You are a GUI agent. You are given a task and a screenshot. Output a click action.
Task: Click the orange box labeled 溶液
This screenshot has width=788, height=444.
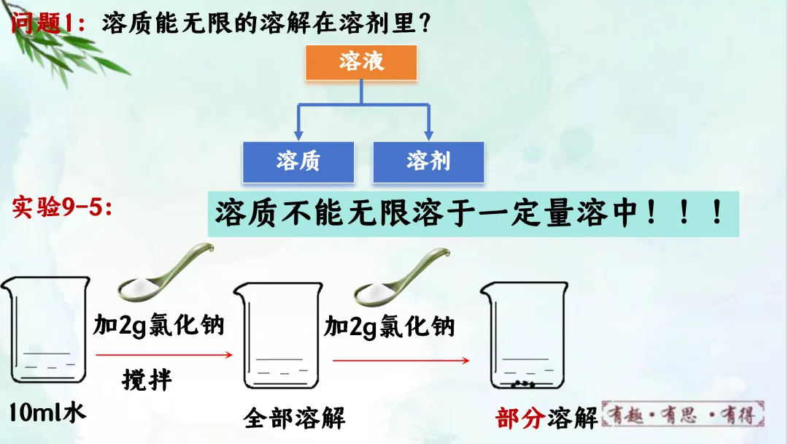(361, 62)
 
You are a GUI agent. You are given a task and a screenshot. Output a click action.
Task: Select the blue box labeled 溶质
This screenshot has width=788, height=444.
(298, 161)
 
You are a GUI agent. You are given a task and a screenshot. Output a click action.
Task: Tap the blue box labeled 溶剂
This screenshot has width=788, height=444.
(428, 161)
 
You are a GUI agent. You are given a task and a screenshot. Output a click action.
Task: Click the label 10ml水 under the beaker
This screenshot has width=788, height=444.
(47, 412)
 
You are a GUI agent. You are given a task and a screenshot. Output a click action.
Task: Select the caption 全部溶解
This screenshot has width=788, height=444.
(295, 418)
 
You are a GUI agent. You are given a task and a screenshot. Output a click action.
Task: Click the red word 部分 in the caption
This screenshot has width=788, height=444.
(519, 418)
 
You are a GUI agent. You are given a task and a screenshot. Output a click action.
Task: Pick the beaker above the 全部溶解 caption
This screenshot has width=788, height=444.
(278, 337)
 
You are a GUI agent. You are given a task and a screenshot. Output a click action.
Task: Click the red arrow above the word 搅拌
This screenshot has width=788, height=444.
(163, 356)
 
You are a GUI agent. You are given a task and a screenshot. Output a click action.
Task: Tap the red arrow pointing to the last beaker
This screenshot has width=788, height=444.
(400, 360)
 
